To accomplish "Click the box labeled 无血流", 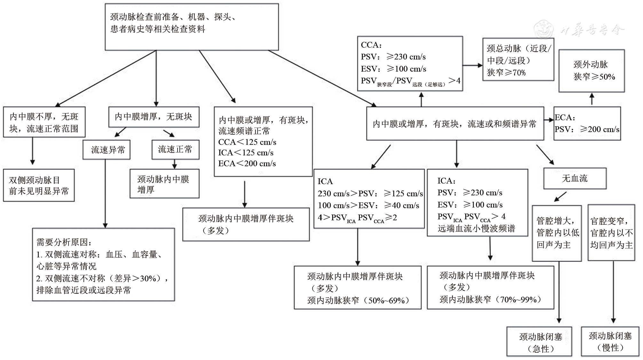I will [575, 178].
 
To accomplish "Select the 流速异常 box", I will [107, 150].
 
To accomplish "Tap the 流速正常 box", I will [175, 149].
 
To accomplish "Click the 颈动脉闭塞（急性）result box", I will [539, 342].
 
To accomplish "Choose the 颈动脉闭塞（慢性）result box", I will [610, 341].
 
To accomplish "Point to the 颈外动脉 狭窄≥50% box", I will [591, 71].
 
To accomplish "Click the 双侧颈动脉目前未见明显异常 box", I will [39, 185].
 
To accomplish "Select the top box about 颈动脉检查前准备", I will [192, 27].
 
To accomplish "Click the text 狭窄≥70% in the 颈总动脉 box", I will [506, 73].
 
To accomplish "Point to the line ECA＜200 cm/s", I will [247, 164].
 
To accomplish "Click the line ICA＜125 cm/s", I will [246, 153].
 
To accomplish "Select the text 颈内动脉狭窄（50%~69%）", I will [358, 301].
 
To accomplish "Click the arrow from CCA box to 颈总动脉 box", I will [472, 65].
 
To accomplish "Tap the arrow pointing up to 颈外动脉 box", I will [592, 99].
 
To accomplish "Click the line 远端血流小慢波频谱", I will [476, 229].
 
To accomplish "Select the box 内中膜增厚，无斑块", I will [154, 117].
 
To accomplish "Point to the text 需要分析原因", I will [64, 242].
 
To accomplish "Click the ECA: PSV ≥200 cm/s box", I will [587, 123].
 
